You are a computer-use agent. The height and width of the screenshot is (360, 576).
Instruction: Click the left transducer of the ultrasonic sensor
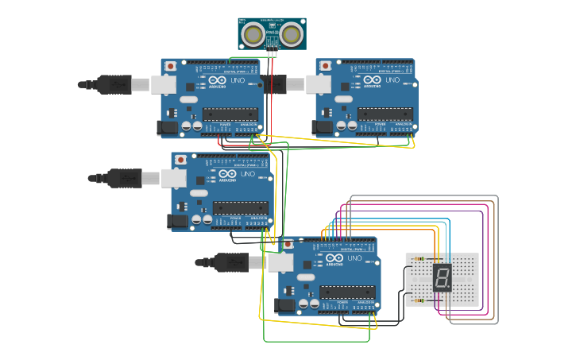coord(253,34)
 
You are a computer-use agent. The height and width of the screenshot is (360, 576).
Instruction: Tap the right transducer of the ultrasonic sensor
coord(292,34)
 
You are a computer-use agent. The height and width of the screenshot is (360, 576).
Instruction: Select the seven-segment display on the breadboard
coord(442,278)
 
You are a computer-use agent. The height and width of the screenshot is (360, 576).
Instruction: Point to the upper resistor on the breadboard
coord(421,259)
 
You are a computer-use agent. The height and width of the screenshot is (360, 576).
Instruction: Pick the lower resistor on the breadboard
coord(421,300)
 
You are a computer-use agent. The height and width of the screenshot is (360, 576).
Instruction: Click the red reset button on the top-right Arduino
coord(325,65)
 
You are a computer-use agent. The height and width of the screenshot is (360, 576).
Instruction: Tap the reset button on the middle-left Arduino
coord(181,160)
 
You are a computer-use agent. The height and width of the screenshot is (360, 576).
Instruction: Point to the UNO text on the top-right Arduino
coord(392,79)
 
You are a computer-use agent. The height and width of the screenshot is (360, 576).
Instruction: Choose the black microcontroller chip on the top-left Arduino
coord(230,113)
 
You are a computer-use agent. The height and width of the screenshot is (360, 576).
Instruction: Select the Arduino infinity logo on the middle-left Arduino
coord(227,174)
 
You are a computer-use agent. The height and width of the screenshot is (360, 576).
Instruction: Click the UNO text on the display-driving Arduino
coord(354,258)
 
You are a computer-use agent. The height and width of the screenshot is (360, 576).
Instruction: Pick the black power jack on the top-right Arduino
coord(323,126)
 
